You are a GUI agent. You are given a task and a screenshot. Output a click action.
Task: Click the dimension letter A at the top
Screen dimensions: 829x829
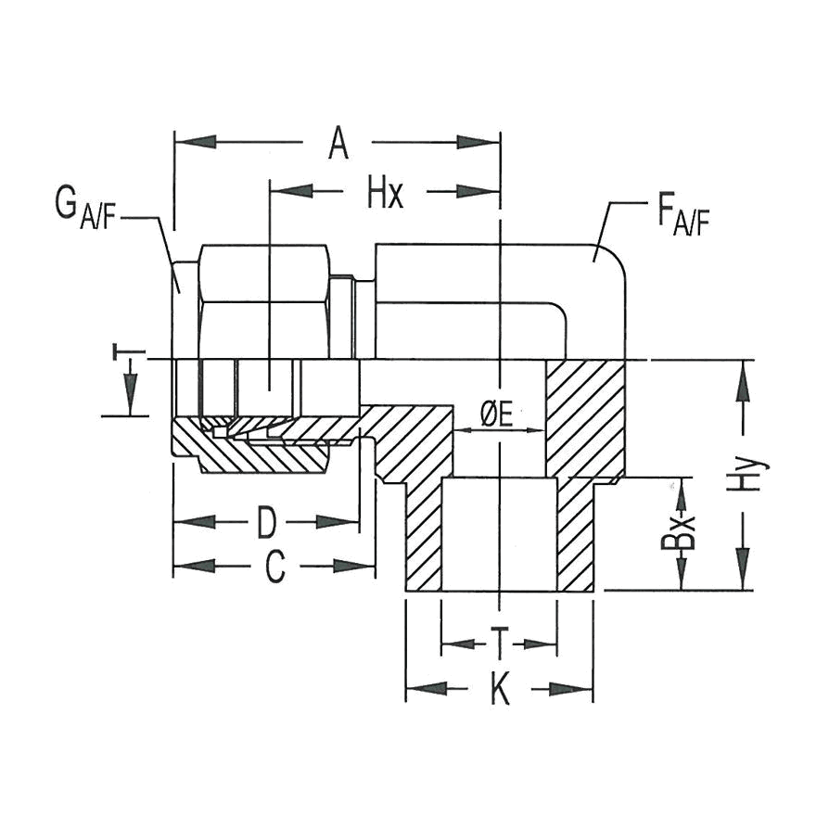(x=338, y=144)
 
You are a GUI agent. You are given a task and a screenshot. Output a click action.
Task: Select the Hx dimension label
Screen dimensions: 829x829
(x=386, y=194)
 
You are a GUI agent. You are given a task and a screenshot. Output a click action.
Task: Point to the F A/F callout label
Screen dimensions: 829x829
(x=682, y=217)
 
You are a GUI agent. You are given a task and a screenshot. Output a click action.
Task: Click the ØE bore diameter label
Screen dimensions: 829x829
(x=498, y=415)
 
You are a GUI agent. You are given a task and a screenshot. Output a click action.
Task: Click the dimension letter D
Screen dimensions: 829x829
(x=267, y=522)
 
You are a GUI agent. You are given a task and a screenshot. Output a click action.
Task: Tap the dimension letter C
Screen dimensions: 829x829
(x=275, y=567)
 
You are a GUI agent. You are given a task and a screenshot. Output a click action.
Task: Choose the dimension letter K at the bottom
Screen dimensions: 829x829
(x=500, y=689)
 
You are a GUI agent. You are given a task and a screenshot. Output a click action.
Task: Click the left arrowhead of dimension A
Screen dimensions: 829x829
(x=195, y=142)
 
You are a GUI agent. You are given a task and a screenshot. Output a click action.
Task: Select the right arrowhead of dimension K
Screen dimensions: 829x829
(x=571, y=689)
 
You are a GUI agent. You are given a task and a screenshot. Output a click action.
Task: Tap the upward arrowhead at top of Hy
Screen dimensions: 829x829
(x=744, y=381)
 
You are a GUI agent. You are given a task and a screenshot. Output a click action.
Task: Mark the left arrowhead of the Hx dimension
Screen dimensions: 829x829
(x=292, y=191)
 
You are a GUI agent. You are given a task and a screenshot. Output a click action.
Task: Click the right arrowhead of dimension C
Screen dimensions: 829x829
(x=354, y=566)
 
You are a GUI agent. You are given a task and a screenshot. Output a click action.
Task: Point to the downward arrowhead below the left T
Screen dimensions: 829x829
(x=130, y=394)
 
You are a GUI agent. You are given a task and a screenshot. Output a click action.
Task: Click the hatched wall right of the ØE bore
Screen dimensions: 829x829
(x=585, y=417)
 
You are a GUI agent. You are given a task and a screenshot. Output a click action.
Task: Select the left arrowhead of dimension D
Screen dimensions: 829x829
(x=195, y=522)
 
